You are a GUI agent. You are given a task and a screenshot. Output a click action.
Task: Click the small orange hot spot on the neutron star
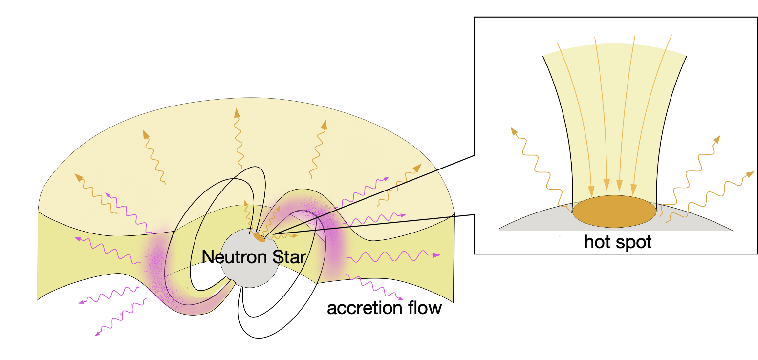tap(259, 237)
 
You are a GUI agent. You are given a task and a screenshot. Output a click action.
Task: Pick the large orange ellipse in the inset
tap(614, 212)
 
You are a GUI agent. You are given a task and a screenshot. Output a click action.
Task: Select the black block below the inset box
tap(628, 298)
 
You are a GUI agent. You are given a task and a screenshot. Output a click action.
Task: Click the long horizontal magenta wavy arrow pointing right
tap(396, 255)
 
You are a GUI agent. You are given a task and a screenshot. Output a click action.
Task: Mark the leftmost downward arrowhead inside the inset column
tap(591, 190)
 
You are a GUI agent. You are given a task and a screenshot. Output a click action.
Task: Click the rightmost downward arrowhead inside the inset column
tap(634, 189)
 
